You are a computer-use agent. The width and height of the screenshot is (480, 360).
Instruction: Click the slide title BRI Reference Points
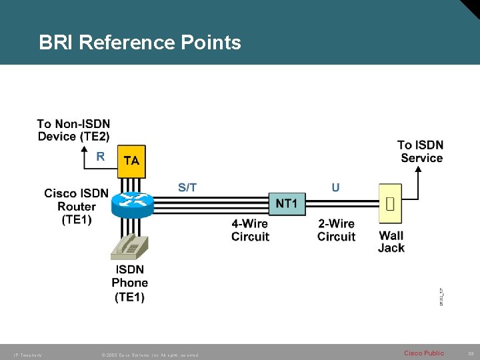tap(140, 43)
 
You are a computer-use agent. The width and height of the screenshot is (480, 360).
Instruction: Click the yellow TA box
tap(131, 161)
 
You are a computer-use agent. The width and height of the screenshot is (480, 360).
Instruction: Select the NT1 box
tap(287, 203)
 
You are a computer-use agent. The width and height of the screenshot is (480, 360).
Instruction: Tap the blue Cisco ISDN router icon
tap(133, 203)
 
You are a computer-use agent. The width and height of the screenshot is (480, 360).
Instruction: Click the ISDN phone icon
tap(131, 247)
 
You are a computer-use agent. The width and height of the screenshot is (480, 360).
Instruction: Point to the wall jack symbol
tap(391, 203)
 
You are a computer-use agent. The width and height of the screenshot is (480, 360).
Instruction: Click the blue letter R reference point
tap(101, 157)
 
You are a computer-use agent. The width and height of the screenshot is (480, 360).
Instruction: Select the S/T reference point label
tap(187, 187)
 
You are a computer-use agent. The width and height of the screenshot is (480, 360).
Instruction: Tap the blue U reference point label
tap(335, 187)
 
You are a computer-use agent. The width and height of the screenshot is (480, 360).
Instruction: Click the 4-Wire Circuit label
tap(250, 230)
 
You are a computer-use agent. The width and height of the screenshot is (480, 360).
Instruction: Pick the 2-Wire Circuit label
tap(336, 230)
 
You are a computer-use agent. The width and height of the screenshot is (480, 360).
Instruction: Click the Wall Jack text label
tap(391, 241)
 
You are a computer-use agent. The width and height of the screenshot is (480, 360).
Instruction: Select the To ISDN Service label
tap(421, 151)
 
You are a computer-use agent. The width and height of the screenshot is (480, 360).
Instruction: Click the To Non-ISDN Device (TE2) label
tap(73, 130)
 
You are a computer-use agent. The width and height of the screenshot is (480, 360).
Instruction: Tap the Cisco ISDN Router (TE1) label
tap(76, 206)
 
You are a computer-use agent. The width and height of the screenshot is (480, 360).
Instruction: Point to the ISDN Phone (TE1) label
tap(129, 283)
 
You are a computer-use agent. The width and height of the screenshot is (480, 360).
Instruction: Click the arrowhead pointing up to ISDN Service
tap(419, 169)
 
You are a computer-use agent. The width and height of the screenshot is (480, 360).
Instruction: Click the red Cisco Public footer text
tap(424, 353)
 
